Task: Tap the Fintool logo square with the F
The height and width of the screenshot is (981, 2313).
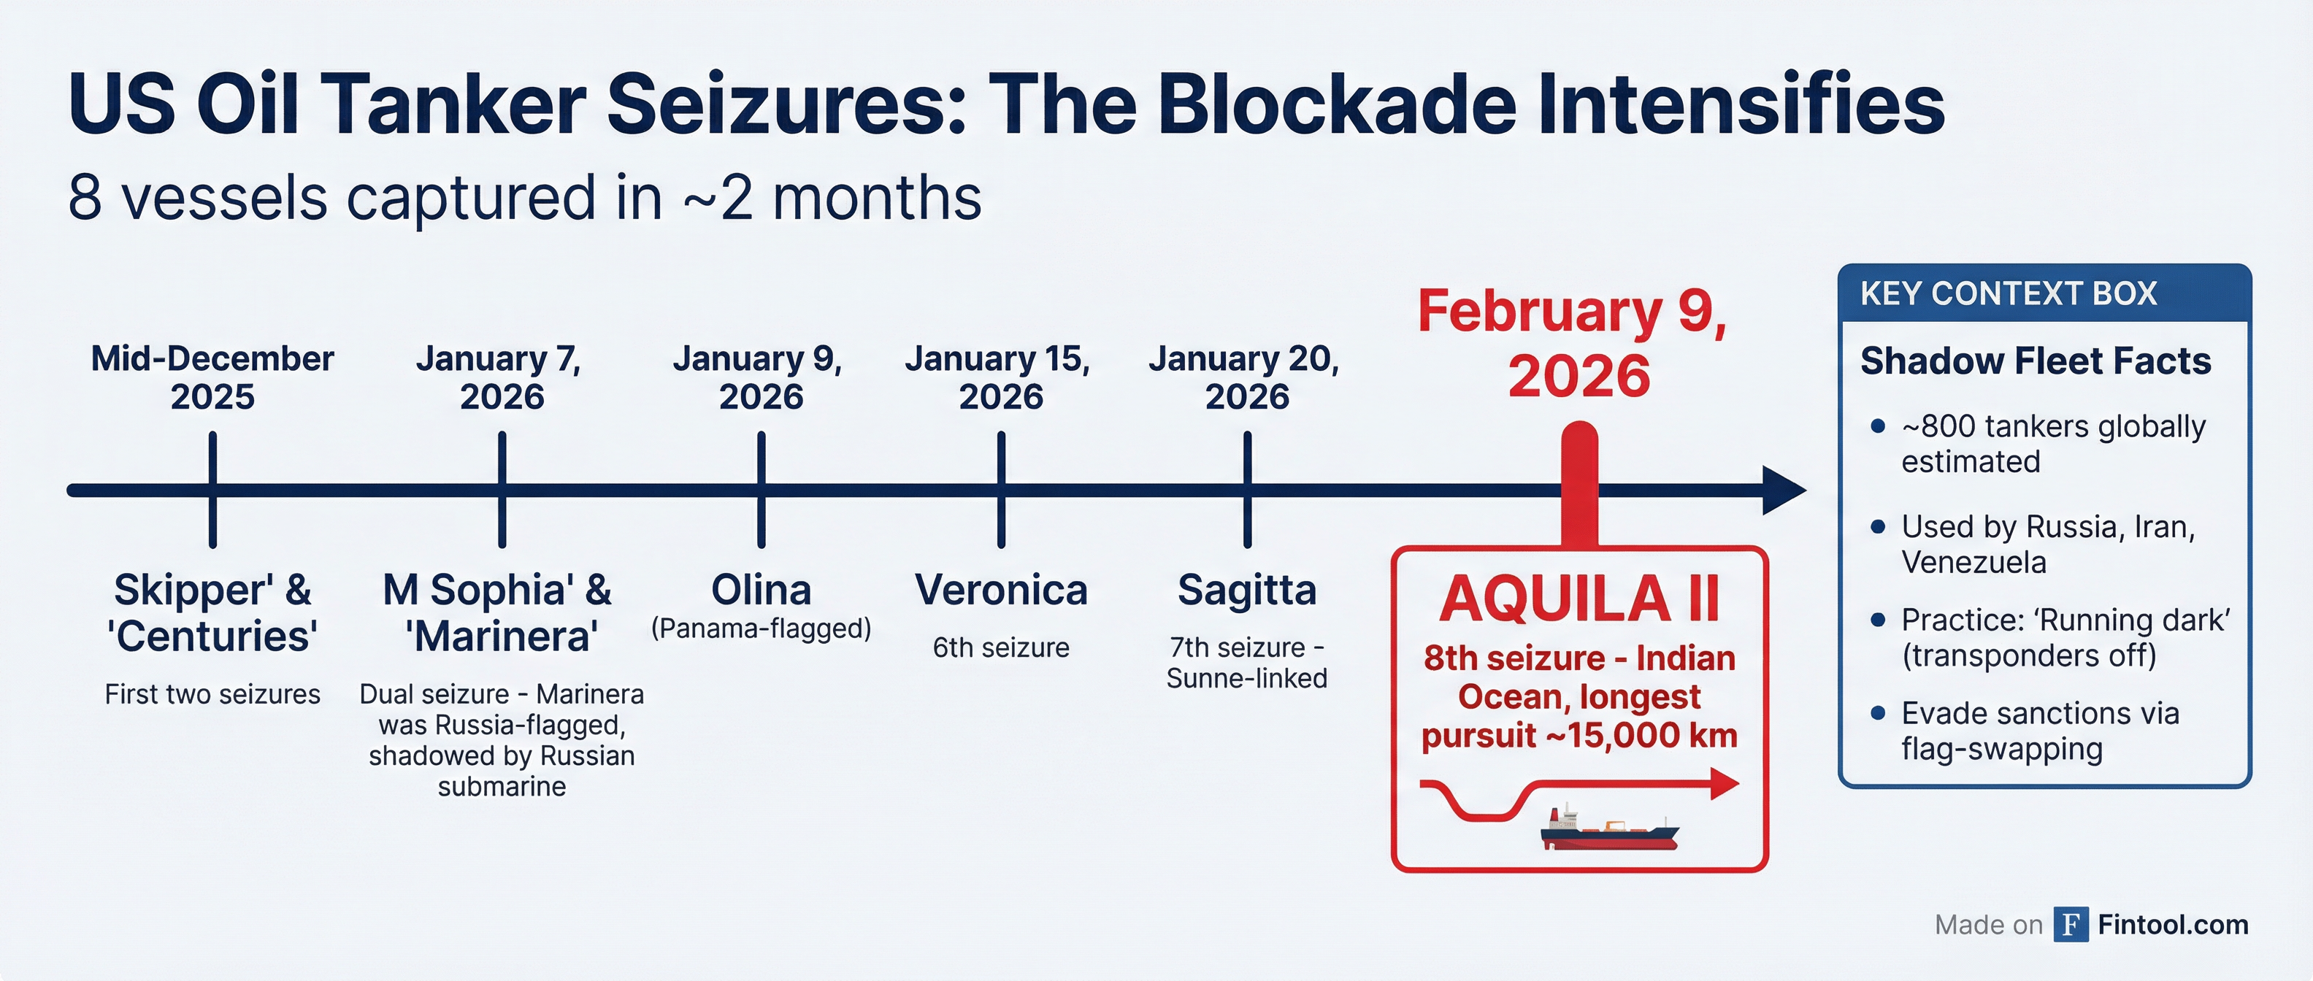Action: (2070, 925)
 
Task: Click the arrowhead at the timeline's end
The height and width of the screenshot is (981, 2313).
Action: (1782, 490)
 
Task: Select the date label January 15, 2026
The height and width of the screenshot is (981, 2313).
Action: (1000, 377)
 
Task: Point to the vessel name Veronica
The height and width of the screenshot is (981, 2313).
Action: (1000, 590)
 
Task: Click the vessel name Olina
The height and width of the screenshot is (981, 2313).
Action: (761, 590)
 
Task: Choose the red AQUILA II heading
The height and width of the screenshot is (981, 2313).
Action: (1579, 599)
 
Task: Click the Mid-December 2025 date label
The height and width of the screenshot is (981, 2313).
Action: (212, 377)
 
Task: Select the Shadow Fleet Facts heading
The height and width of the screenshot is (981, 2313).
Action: (2035, 361)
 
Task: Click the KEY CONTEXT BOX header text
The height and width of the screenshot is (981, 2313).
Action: (2008, 293)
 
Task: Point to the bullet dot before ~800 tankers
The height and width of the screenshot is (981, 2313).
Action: (1876, 426)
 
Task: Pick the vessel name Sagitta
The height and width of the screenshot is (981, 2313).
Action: (1246, 590)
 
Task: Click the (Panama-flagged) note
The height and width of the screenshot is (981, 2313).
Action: (761, 628)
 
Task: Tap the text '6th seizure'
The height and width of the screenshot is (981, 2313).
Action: (1000, 647)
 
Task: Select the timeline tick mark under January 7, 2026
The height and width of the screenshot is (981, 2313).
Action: (502, 490)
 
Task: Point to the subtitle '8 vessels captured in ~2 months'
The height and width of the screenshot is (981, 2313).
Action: (524, 198)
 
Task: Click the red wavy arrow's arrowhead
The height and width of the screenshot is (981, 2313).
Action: (1723, 783)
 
